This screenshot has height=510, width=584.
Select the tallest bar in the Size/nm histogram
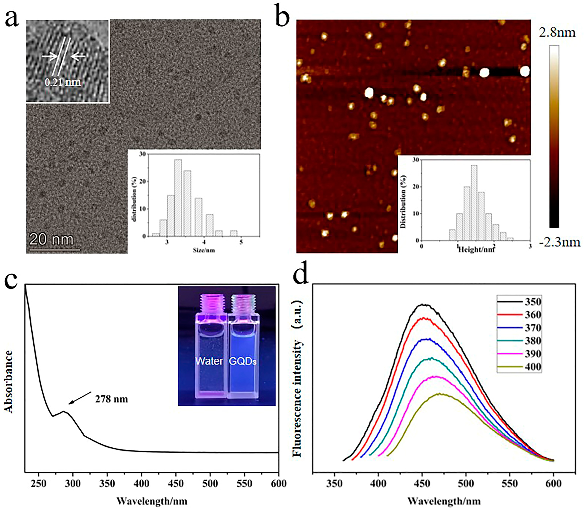[178, 198]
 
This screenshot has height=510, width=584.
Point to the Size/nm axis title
[204, 250]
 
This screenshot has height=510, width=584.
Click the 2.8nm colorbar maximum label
[557, 33]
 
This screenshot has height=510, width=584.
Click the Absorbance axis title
[9, 381]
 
